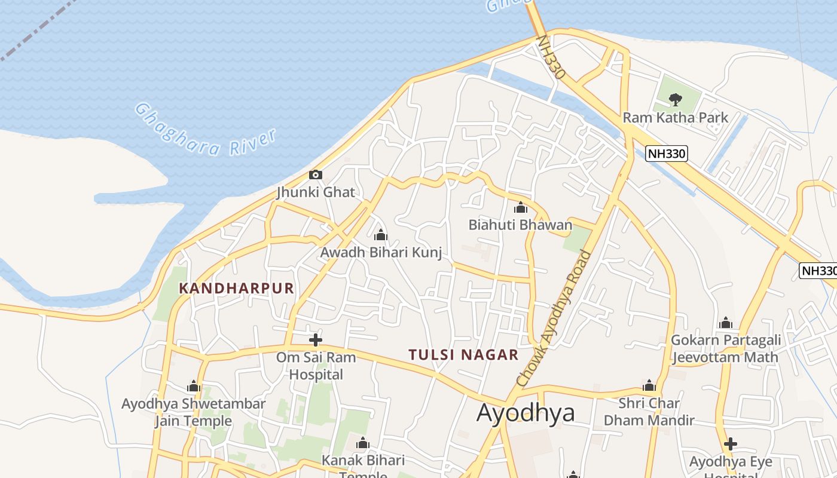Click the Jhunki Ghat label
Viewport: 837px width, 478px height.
point(316,192)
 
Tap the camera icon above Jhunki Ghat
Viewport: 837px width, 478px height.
point(316,175)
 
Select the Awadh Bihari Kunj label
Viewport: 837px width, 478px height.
point(381,252)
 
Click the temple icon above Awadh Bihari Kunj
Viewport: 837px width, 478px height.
point(380,235)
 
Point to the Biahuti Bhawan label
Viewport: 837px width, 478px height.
point(520,225)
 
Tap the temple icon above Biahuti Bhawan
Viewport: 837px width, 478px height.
point(521,208)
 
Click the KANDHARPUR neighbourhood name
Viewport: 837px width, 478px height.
point(237,289)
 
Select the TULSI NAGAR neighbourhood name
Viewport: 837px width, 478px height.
point(463,355)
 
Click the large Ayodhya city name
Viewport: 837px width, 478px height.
point(526,413)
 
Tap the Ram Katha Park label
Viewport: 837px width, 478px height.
point(676,117)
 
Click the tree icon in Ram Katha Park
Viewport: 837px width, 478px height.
point(676,99)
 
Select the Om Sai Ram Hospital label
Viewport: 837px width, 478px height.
point(316,366)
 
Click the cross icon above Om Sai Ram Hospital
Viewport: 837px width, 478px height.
point(316,341)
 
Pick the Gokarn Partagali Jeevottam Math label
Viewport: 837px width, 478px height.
point(726,348)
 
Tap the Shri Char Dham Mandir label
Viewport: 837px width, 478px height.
point(649,412)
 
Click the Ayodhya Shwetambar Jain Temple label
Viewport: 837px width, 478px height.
point(193,412)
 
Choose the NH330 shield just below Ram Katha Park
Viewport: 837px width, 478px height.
point(667,154)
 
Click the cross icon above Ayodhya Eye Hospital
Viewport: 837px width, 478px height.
point(730,444)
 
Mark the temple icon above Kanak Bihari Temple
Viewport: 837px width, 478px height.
point(363,443)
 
